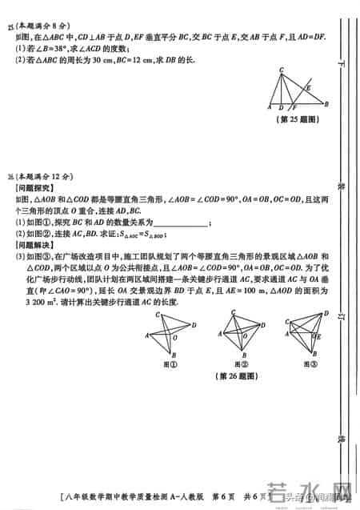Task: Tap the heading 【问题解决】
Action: pyautogui.click(x=34, y=244)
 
